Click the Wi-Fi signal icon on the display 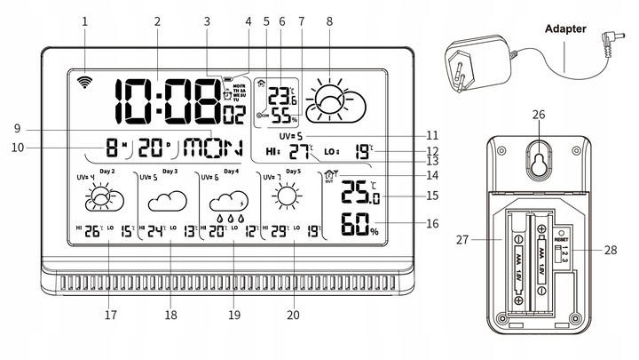[85, 83]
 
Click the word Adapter [564, 29]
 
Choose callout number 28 [611, 252]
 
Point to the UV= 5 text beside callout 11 [290, 135]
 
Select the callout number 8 [329, 20]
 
